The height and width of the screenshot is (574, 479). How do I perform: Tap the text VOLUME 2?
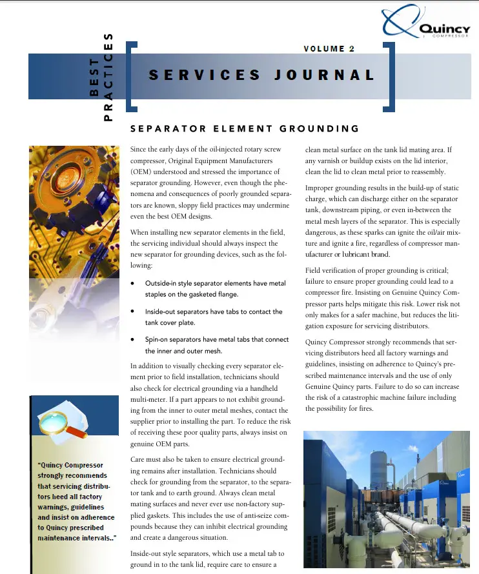329,49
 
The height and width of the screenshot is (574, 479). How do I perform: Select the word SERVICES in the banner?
205,75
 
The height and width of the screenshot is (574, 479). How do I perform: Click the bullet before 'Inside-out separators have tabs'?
133,312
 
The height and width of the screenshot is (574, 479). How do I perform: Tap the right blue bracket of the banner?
391,75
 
